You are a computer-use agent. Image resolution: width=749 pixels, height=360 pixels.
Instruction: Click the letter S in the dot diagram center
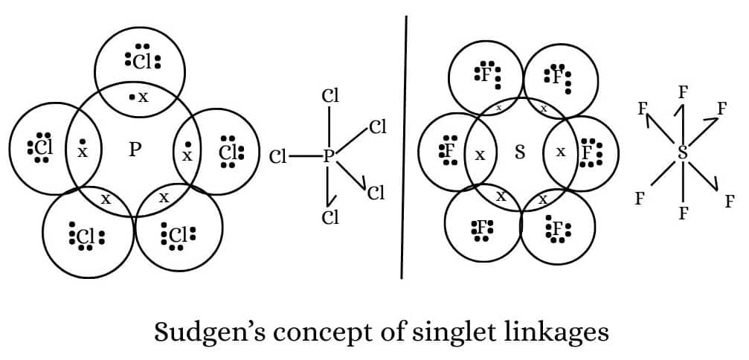(x=520, y=152)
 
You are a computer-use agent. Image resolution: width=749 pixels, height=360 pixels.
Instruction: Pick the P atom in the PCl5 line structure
(x=328, y=156)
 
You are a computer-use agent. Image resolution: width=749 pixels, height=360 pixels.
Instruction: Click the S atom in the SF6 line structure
(x=682, y=153)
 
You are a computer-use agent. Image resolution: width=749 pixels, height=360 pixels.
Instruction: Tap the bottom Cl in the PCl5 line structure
(x=330, y=217)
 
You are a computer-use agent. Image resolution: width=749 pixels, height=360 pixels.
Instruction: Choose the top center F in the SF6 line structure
(x=683, y=92)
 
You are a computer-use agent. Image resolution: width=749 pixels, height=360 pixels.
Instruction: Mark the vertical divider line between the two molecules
(x=405, y=149)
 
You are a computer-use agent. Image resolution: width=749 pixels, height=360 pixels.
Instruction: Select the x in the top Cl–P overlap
(x=143, y=97)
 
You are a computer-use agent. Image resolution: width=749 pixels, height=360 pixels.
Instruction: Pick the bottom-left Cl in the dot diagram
(x=86, y=236)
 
